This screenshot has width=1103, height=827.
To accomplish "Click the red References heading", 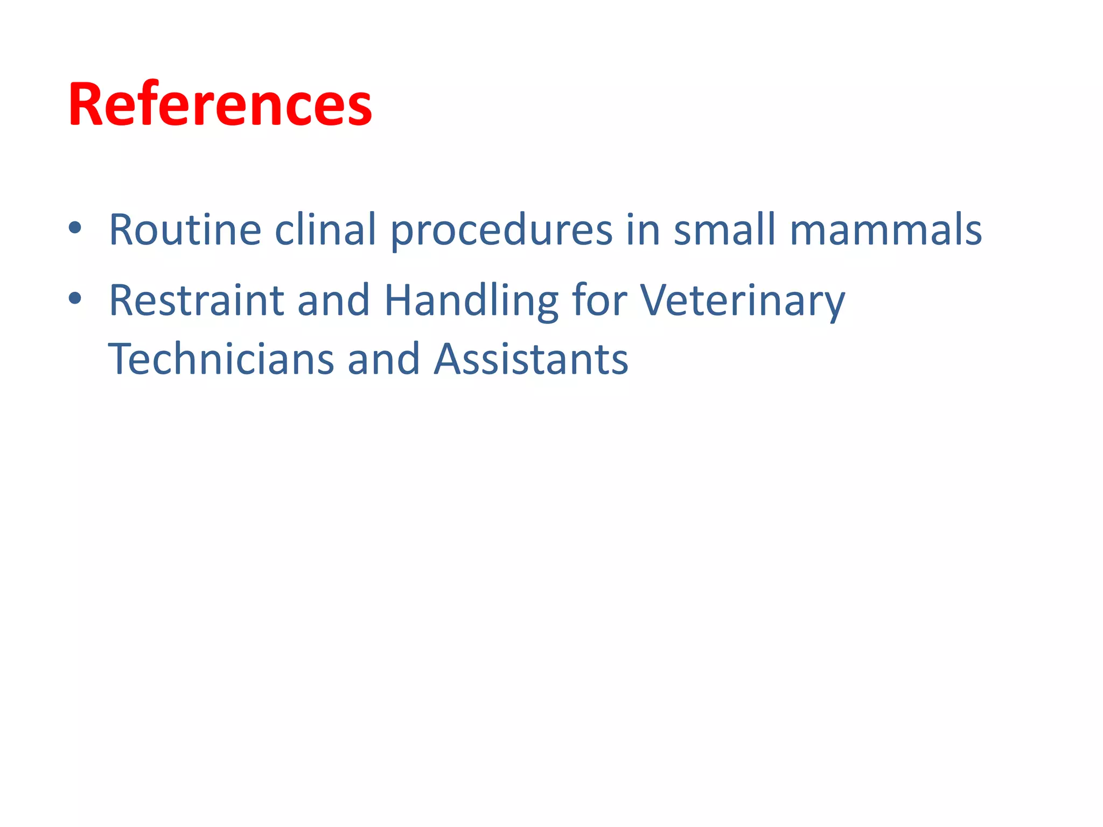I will pos(220,104).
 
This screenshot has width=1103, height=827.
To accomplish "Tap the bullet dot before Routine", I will pos(75,228).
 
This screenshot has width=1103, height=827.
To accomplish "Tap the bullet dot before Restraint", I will pos(75,298).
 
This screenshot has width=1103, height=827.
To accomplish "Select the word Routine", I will pos(185,230).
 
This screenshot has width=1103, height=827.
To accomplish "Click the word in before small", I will pos(643,230).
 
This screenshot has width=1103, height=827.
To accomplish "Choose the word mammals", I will pos(885,230).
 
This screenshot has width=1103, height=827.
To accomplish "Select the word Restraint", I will pos(196,300).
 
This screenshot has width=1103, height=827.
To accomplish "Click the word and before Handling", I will pos(333,300).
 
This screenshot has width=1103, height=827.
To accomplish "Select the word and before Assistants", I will pos(383,359).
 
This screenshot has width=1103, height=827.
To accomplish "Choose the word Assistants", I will pos(531,359).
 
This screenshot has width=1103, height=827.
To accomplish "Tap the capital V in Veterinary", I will pos(656,300).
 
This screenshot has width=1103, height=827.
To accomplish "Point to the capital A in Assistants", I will pos(449,359).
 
